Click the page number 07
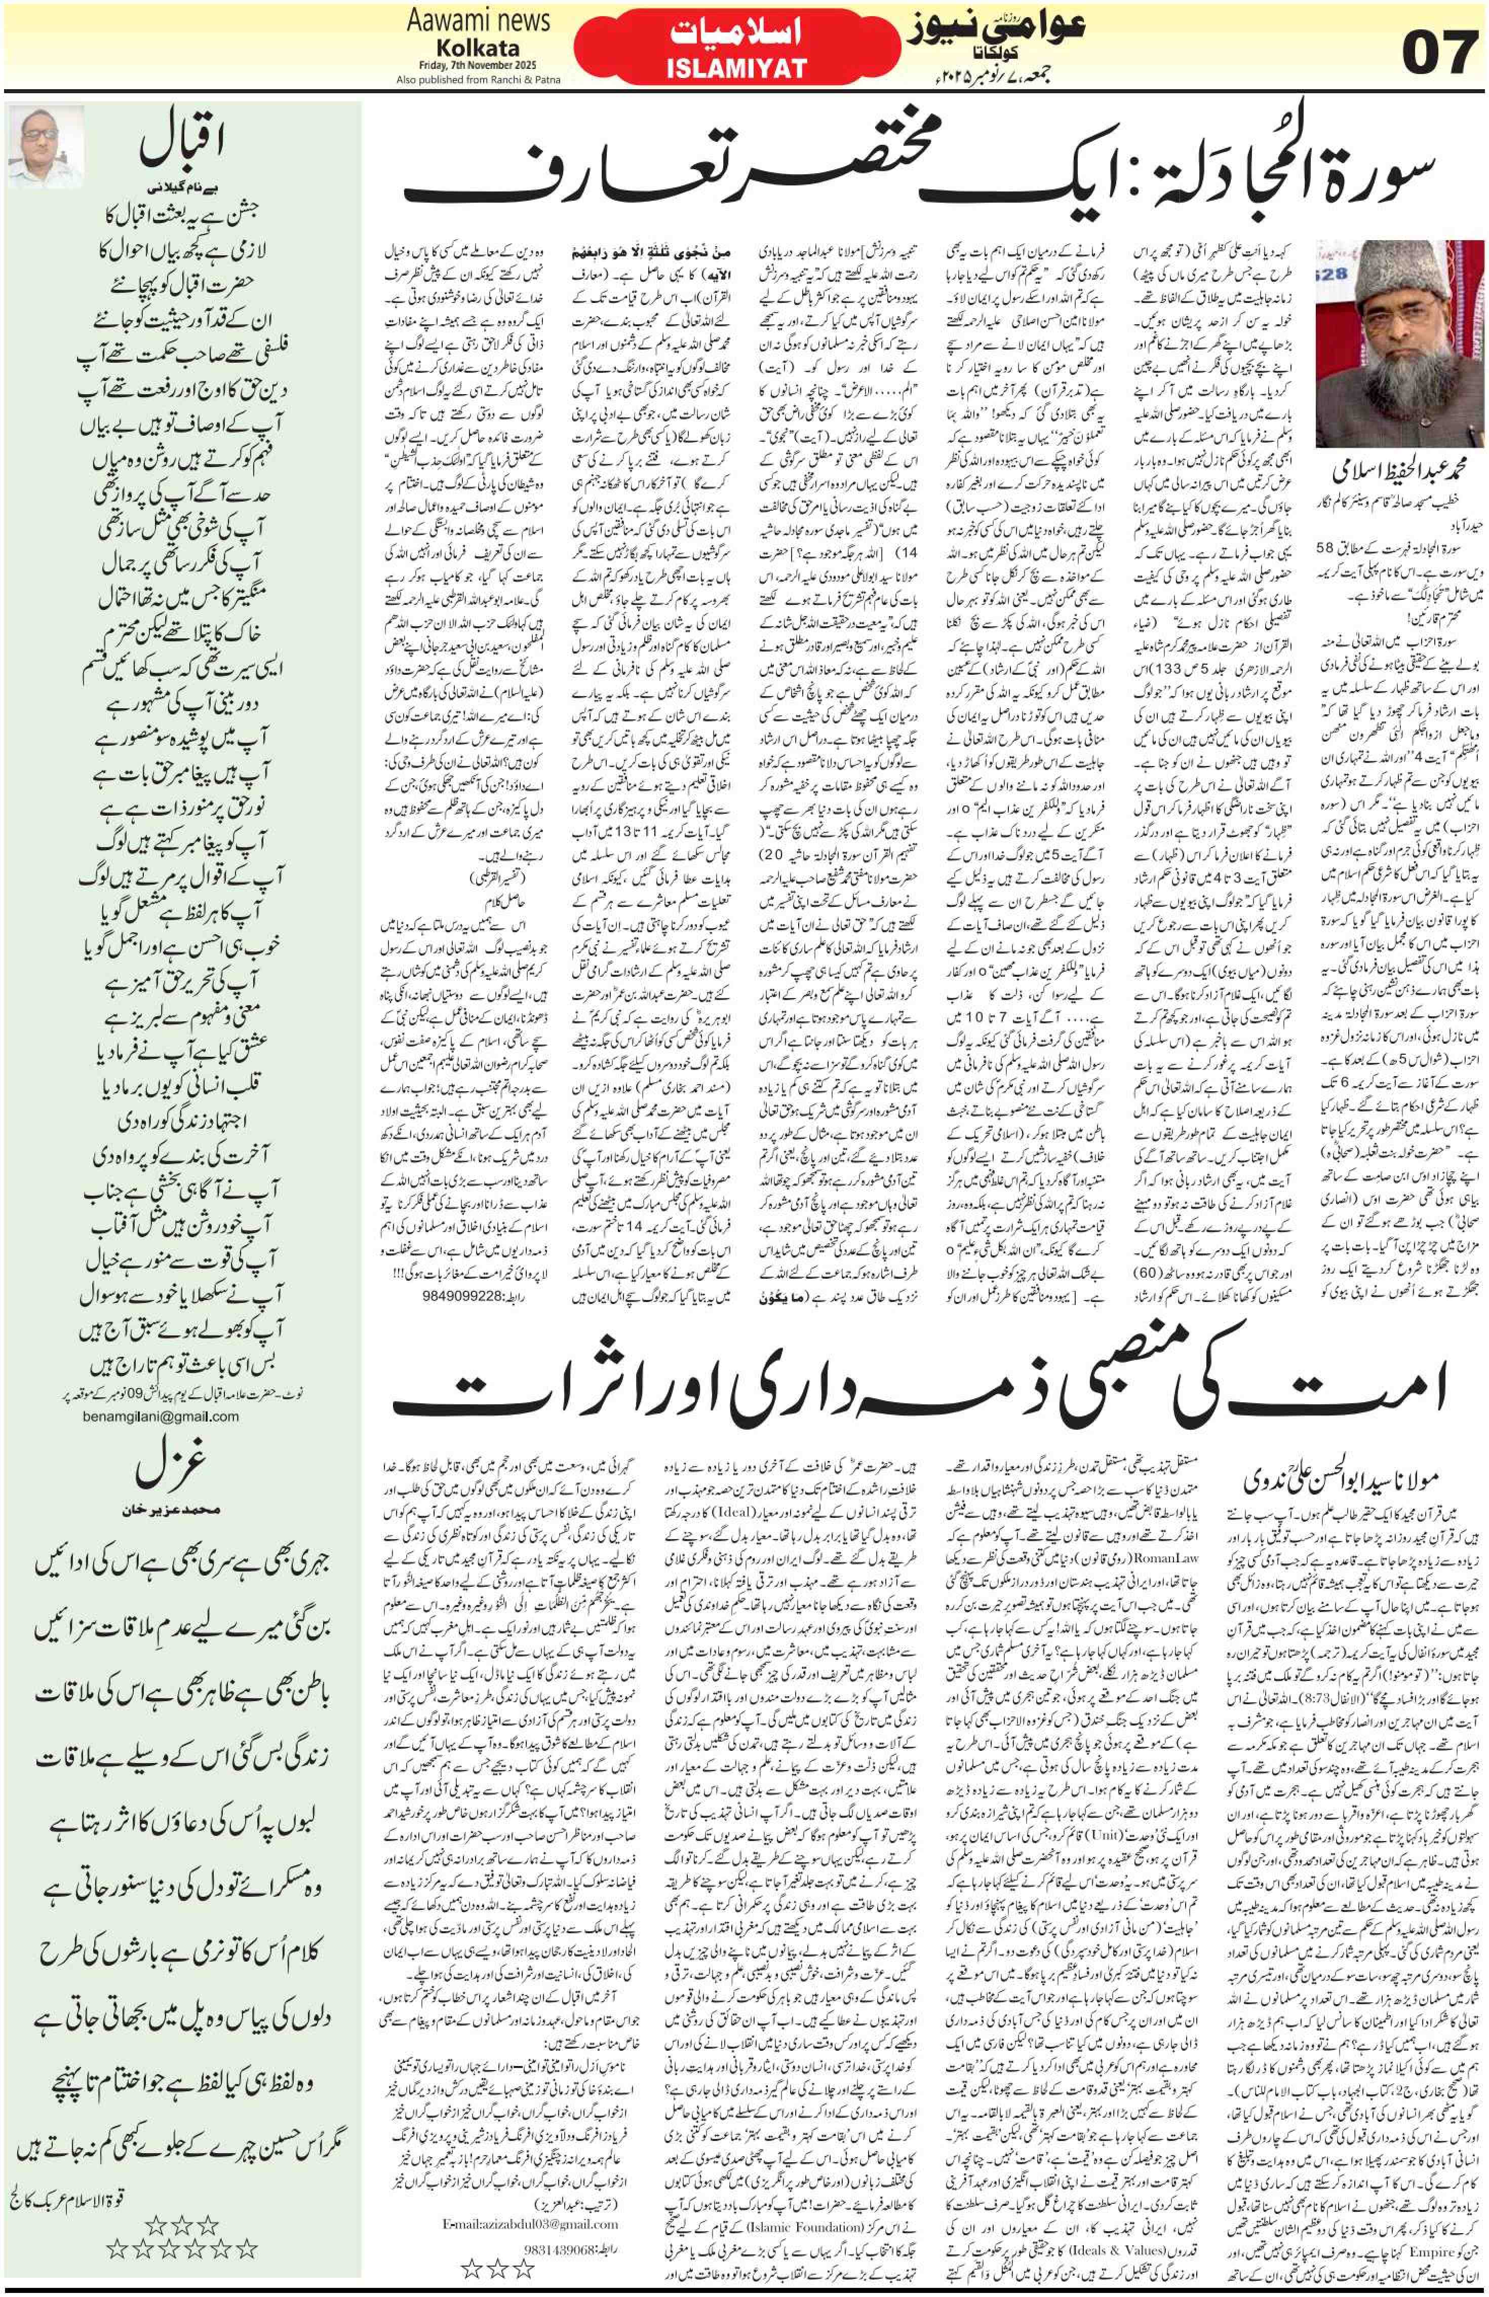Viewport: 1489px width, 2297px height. point(1440,53)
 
